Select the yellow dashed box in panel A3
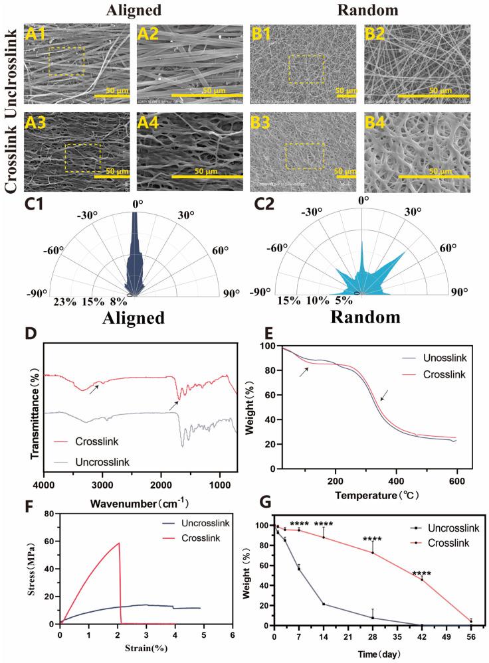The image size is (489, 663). [82, 157]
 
